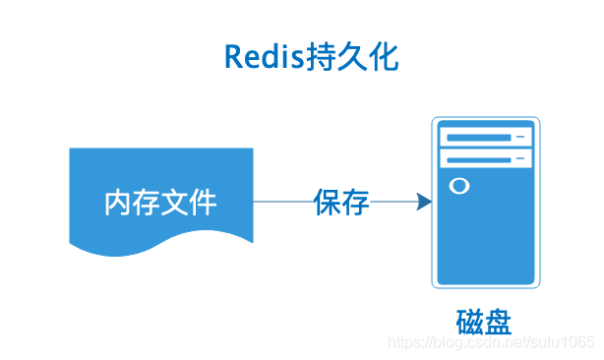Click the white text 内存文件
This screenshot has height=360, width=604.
pyautogui.click(x=160, y=203)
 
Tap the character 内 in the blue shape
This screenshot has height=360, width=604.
pyautogui.click(x=119, y=203)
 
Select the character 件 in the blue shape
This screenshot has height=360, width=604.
pyautogui.click(x=203, y=203)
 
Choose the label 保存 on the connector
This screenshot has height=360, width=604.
pyautogui.click(x=341, y=202)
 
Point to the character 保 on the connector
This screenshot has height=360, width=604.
pyautogui.click(x=328, y=202)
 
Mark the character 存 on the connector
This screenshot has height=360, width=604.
pyautogui.click(x=356, y=202)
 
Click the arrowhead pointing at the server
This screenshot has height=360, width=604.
pyautogui.click(x=424, y=202)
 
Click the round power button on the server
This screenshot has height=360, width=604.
pyautogui.click(x=457, y=186)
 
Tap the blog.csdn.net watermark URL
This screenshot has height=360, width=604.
pyautogui.click(x=492, y=342)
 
